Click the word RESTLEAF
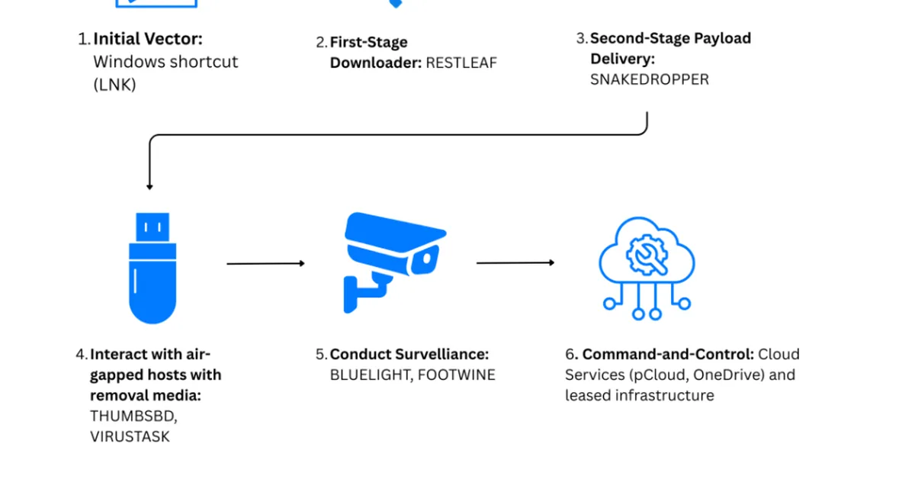coord(461,63)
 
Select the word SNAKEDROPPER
coord(649,79)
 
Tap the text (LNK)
coord(115,85)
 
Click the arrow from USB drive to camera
coord(265,264)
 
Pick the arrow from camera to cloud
coord(515,263)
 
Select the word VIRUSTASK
coord(130,436)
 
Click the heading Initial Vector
coord(148,39)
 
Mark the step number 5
coord(321,355)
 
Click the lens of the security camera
coord(426,259)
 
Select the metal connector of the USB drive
coord(153,227)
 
